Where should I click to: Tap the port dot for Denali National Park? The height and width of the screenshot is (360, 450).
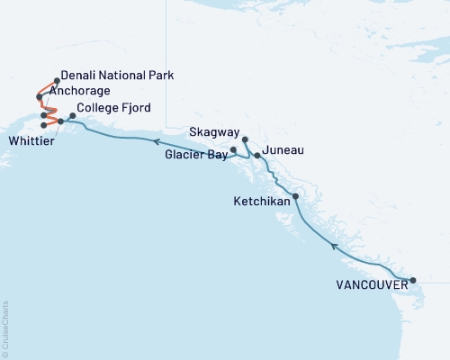tap(57, 80)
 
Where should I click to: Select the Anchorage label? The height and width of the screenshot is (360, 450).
tap(80, 92)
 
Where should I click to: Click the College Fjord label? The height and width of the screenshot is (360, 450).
tap(108, 108)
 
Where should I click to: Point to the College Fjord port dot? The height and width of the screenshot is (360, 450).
tap(73, 115)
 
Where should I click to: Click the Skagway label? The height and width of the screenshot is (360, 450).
tap(214, 132)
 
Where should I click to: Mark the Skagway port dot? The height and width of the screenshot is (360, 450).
tap(245, 139)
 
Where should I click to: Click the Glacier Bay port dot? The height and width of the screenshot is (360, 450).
tap(233, 149)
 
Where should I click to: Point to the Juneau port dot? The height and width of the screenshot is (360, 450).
tap(257, 156)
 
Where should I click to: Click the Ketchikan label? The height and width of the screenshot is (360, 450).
tap(262, 202)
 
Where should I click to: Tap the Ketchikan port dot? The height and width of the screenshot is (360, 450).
tap(295, 195)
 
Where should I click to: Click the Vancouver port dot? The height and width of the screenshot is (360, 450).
tap(413, 281)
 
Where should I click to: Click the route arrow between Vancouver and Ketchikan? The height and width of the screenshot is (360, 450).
tap(334, 245)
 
